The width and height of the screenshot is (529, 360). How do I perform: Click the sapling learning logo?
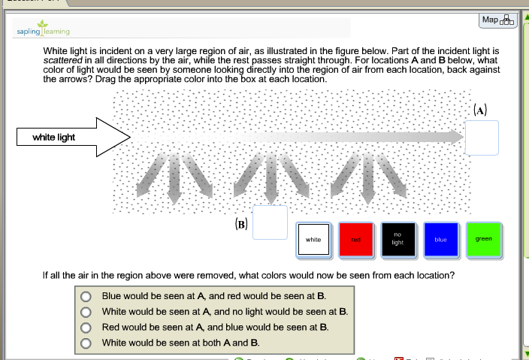43,32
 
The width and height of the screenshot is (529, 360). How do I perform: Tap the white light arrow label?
53,137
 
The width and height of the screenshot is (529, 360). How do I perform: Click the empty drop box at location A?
481,138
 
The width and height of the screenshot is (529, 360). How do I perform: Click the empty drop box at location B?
270,222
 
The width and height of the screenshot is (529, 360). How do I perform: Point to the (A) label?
481,109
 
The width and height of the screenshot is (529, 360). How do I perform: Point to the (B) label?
240,224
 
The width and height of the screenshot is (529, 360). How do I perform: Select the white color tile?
313,240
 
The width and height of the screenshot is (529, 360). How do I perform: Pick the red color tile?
356,240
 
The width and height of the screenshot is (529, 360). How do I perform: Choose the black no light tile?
398,240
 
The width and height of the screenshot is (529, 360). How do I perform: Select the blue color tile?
440,240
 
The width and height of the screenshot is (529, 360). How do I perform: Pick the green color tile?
483,239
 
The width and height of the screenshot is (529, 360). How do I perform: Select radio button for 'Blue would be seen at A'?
87,296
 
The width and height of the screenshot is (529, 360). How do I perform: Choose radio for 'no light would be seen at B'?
87,312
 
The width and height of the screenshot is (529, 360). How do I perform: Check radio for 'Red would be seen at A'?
87,327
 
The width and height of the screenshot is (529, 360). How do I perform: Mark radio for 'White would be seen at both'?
87,343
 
